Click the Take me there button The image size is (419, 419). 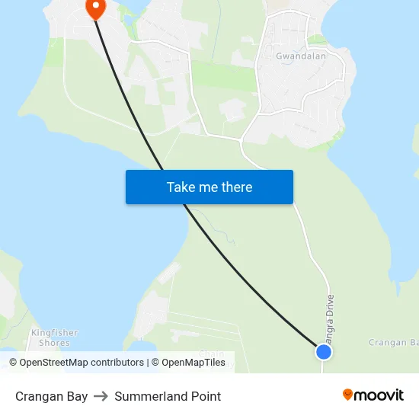pyautogui.click(x=209, y=187)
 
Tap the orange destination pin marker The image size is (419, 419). pyautogui.click(x=96, y=8)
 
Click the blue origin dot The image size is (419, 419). pyautogui.click(x=324, y=351)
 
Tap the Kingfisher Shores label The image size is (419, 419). pyautogui.click(x=54, y=337)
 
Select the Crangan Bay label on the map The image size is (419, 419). pyautogui.click(x=393, y=343)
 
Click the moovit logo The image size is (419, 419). pyautogui.click(x=373, y=395)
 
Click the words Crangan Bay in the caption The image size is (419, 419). pyautogui.click(x=51, y=396)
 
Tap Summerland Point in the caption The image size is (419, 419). pyautogui.click(x=168, y=396)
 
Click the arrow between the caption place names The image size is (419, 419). pyautogui.click(x=101, y=396)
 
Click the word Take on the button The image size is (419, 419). pyautogui.click(x=181, y=187)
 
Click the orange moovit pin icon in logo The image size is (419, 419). pyautogui.click(x=348, y=395)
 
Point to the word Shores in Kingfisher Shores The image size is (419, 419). pyautogui.click(x=54, y=343)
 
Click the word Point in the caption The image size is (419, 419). pyautogui.click(x=206, y=396)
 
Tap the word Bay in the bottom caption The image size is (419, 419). pyautogui.click(x=77, y=396)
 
